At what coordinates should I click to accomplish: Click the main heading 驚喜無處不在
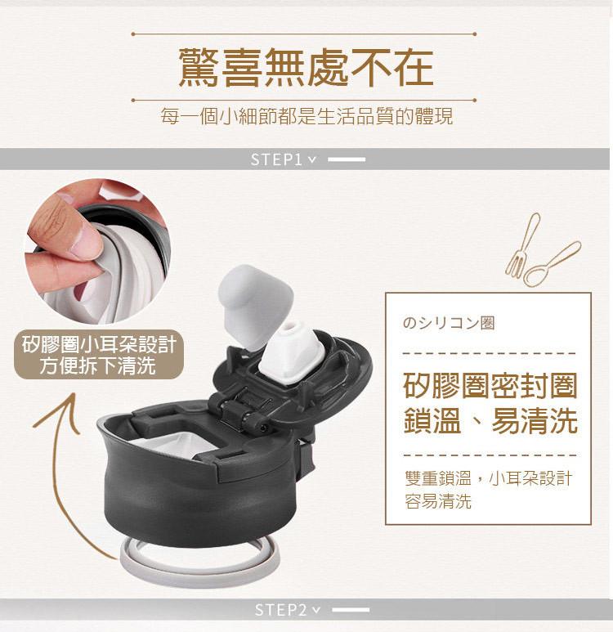306,67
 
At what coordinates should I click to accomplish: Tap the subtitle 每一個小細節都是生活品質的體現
306,116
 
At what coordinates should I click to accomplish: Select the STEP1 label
276,159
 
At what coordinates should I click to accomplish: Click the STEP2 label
280,610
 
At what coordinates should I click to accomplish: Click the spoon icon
553,264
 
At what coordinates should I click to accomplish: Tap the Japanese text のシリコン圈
448,323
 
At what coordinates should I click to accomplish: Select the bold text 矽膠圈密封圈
490,386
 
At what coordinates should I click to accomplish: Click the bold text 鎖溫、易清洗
490,420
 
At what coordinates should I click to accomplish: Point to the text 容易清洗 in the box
438,501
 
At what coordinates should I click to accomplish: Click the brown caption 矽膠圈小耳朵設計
99,344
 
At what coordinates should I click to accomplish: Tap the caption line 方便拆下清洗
97,366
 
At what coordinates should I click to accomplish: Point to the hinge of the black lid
239,410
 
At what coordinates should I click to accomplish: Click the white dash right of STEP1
347,159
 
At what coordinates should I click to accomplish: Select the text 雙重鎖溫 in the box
438,478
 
